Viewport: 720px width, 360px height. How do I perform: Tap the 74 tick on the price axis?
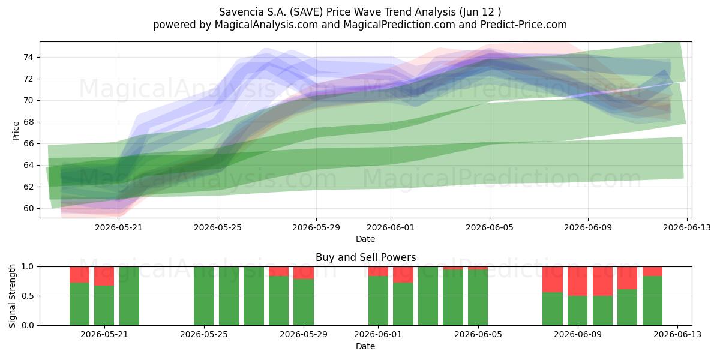(x=28, y=58)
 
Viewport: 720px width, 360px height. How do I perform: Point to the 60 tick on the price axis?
(x=28, y=208)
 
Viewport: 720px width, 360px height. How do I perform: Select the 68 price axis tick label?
(x=28, y=122)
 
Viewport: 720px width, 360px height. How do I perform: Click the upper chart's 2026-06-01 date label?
(x=391, y=227)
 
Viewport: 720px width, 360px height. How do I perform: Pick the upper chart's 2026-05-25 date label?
(x=218, y=227)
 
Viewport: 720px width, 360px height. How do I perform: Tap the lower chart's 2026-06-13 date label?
(x=677, y=335)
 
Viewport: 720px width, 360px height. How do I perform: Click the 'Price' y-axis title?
(x=16, y=131)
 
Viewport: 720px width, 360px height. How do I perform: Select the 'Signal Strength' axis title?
(x=12, y=296)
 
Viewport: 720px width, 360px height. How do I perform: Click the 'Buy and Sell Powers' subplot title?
(x=366, y=257)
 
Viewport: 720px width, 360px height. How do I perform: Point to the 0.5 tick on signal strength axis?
(x=28, y=296)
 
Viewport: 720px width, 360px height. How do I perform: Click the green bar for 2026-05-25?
(x=204, y=296)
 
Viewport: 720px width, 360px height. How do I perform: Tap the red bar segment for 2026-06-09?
(x=578, y=281)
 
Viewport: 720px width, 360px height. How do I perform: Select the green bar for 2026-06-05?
(x=478, y=298)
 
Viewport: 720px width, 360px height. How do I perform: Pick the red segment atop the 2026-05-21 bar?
(x=104, y=276)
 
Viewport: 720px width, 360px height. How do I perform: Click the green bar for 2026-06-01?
(x=379, y=301)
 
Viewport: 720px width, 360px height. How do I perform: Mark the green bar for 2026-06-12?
(x=653, y=301)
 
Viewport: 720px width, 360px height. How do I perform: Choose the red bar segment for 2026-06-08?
(x=553, y=280)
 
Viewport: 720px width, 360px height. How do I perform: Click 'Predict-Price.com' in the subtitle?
(x=524, y=25)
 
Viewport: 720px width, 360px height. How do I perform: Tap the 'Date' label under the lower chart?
(x=365, y=346)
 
